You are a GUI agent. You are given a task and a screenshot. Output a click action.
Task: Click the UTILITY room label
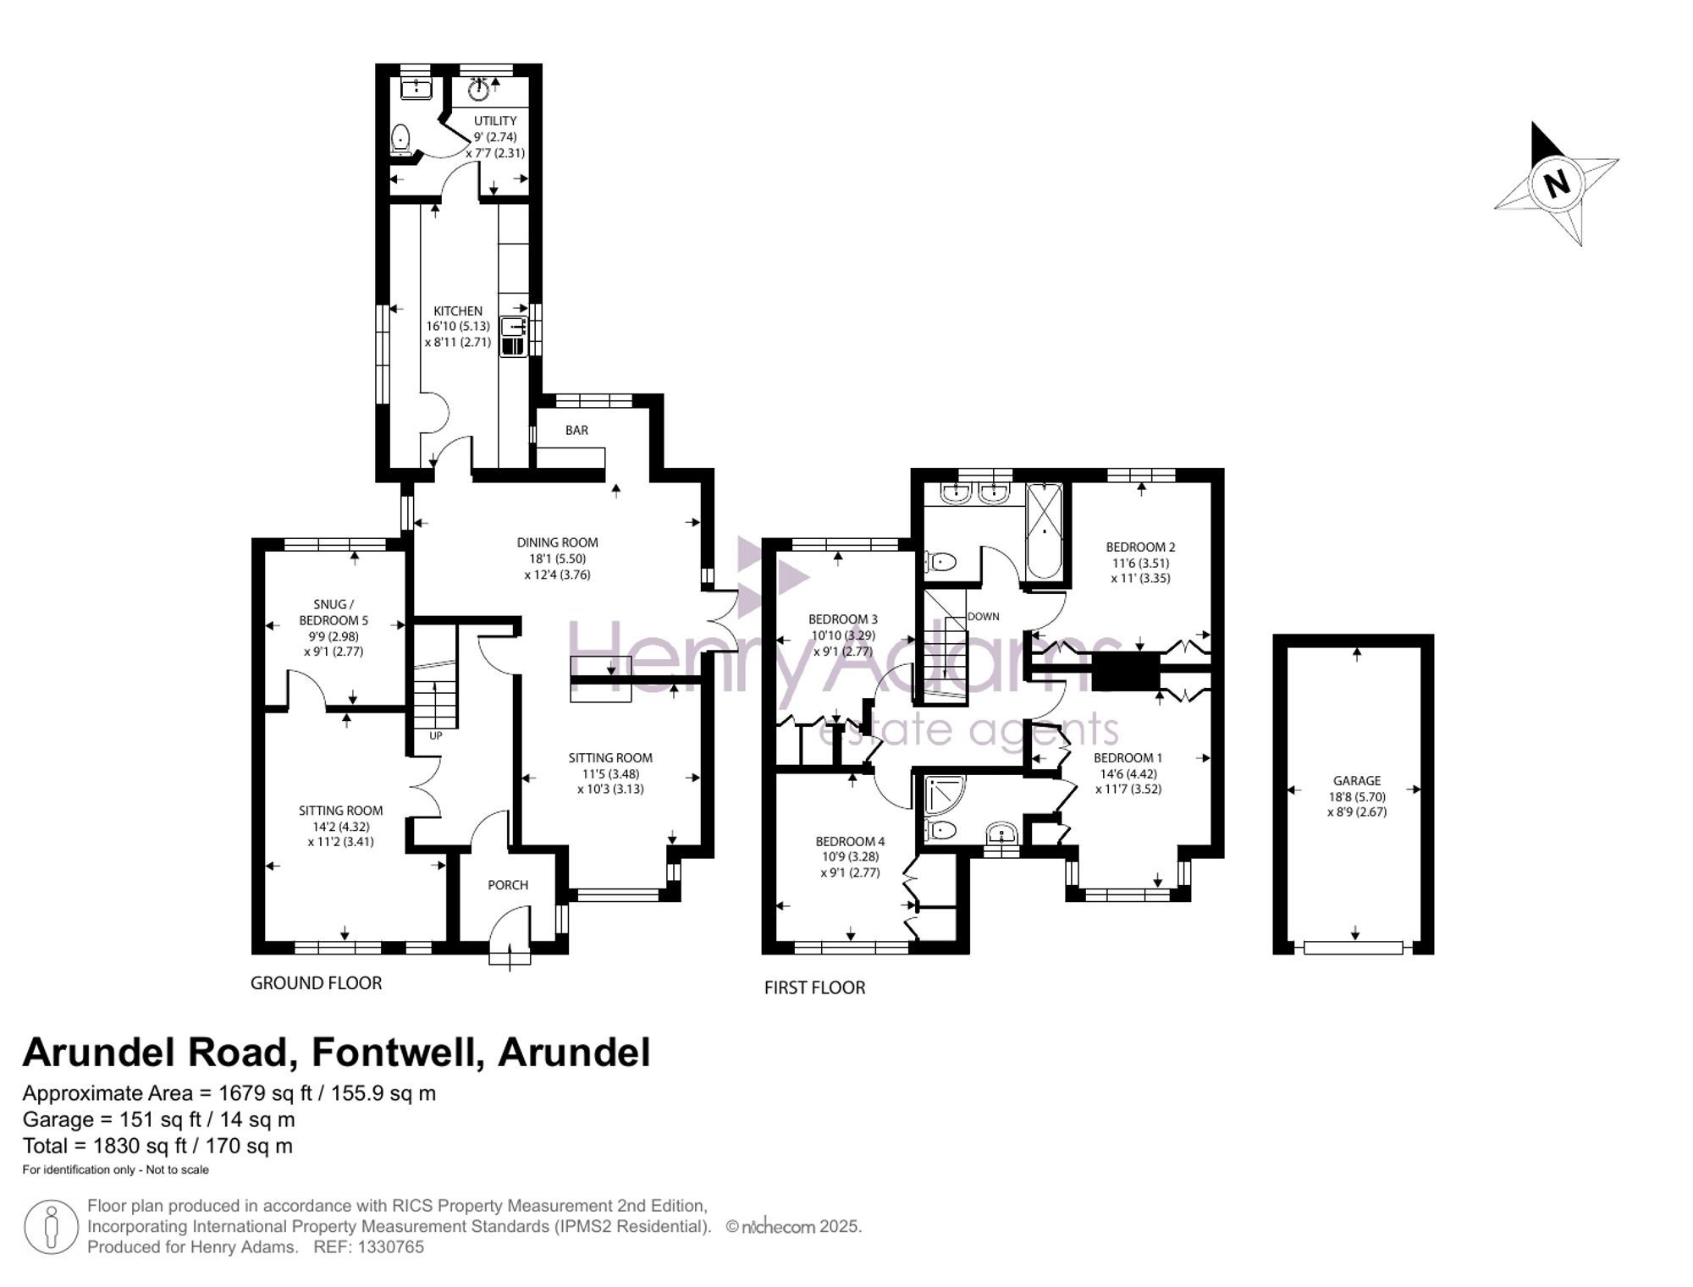click(x=495, y=121)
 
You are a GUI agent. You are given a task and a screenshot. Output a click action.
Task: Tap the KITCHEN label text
click(x=458, y=311)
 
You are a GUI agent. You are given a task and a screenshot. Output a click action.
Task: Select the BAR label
click(x=576, y=431)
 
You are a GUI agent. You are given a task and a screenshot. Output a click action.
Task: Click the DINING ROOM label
click(x=558, y=543)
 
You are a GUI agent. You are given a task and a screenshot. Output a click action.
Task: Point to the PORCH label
click(x=508, y=885)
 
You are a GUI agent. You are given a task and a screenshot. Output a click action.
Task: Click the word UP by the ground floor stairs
click(x=435, y=736)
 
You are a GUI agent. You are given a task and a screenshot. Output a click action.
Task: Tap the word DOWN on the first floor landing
click(x=983, y=617)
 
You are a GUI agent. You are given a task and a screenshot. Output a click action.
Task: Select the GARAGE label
click(x=1357, y=781)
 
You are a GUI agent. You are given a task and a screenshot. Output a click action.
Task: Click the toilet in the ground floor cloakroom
click(x=401, y=140)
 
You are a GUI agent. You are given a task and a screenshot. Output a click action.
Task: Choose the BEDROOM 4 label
click(x=850, y=842)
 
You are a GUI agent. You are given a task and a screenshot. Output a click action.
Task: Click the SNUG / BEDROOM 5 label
click(x=334, y=613)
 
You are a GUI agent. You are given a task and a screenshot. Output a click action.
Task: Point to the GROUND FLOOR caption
click(x=317, y=983)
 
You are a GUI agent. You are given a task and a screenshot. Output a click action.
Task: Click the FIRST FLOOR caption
click(x=814, y=988)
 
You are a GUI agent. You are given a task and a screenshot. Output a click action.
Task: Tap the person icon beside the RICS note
click(x=51, y=1227)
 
